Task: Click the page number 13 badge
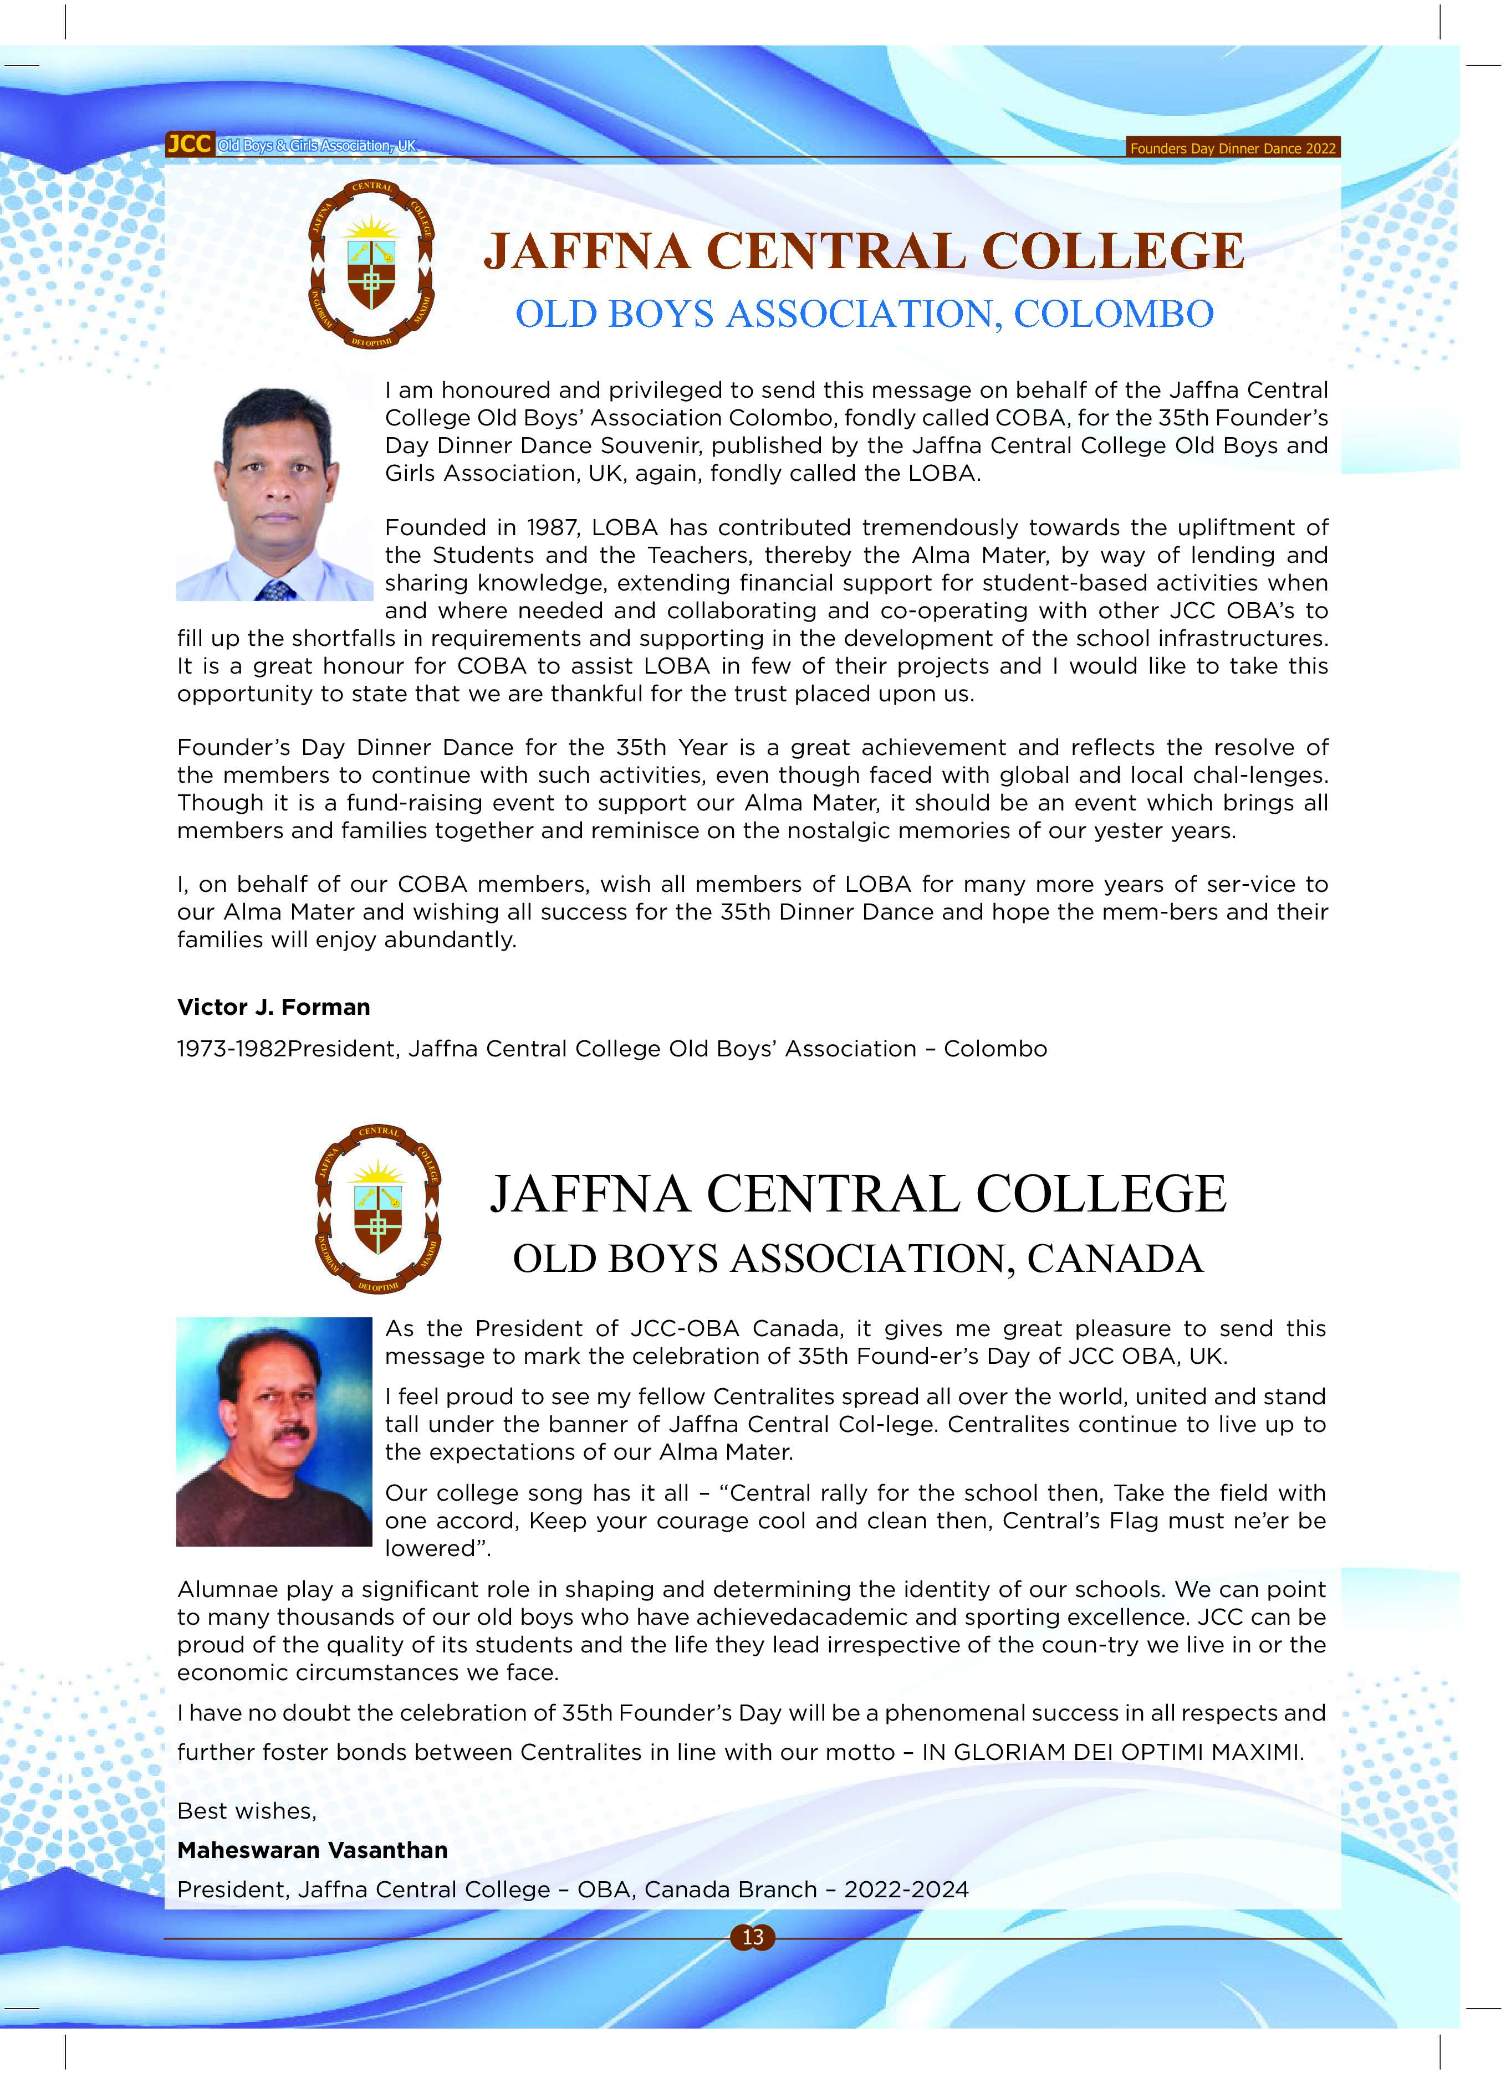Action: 752,1937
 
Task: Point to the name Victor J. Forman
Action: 274,1007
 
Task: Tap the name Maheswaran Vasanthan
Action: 312,1850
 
